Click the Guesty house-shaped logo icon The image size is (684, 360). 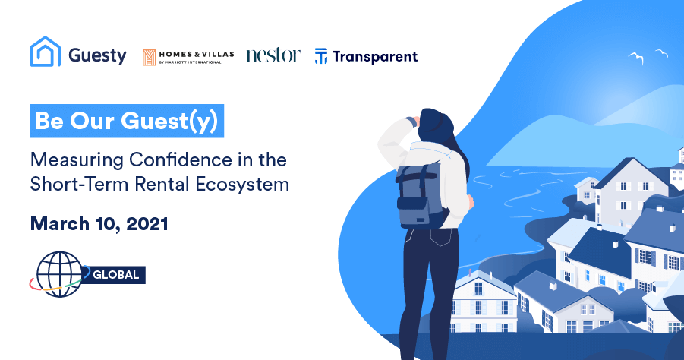click(45, 52)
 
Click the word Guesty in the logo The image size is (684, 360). click(97, 56)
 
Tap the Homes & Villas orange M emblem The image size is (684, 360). click(149, 57)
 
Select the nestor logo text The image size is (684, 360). click(273, 55)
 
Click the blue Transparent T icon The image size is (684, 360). click(321, 56)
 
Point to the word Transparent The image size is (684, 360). click(375, 57)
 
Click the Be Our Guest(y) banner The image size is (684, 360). click(127, 121)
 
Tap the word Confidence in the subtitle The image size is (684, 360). click(181, 159)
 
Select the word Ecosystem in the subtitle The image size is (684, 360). click(242, 184)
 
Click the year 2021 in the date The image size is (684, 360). click(147, 224)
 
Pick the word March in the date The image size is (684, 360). click(60, 224)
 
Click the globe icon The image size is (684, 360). click(59, 274)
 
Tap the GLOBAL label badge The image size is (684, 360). click(115, 275)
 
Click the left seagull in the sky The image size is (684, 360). click(636, 57)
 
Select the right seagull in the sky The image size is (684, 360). click(662, 53)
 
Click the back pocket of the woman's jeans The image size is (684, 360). click(440, 236)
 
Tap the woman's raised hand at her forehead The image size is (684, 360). click(412, 121)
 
